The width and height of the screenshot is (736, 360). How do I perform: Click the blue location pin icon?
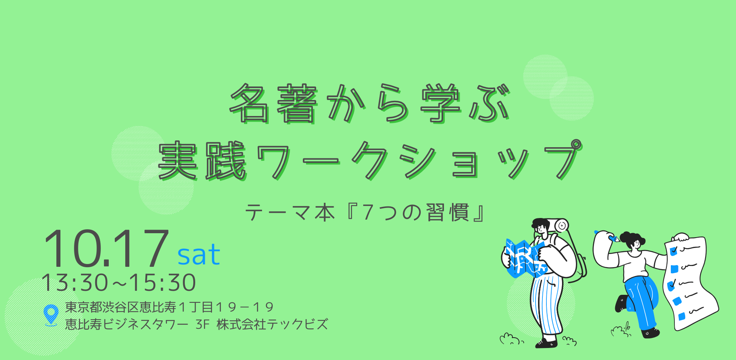point(51,314)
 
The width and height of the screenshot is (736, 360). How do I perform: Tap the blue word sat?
point(199,255)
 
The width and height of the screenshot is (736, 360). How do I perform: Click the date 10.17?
point(106,248)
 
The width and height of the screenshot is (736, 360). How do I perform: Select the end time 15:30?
point(162,282)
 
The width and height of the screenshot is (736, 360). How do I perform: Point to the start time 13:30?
point(75,282)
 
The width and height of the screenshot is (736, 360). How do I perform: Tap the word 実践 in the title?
point(202,161)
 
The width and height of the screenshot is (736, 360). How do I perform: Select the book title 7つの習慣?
point(415,212)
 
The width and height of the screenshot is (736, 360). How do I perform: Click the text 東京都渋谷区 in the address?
point(102,307)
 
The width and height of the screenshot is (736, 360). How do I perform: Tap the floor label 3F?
point(203,324)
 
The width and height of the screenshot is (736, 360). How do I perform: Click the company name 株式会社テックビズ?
point(272,324)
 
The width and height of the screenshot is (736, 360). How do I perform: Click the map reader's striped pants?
point(546,304)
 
